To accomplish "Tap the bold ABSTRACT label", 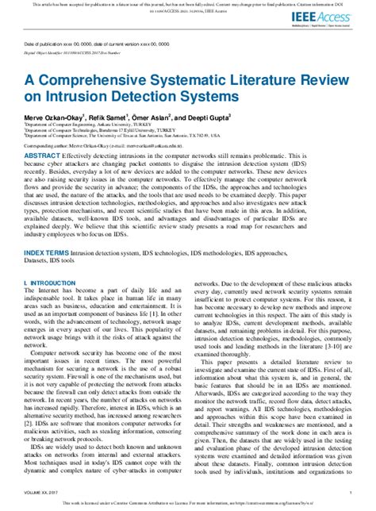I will click(40, 156).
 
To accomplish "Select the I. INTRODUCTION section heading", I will click(48, 282).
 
